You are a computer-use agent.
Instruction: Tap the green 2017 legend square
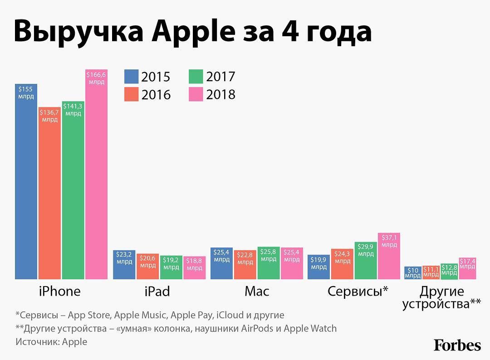click(196, 76)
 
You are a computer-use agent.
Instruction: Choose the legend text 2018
click(221, 94)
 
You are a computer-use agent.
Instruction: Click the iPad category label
click(157, 291)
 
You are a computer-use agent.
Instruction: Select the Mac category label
click(257, 291)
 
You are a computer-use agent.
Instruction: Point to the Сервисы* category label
click(358, 291)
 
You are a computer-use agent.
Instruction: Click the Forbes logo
click(457, 345)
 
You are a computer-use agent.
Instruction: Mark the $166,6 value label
click(96, 78)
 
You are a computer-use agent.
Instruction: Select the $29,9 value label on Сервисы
click(366, 250)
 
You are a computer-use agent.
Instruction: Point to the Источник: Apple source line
click(51, 342)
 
